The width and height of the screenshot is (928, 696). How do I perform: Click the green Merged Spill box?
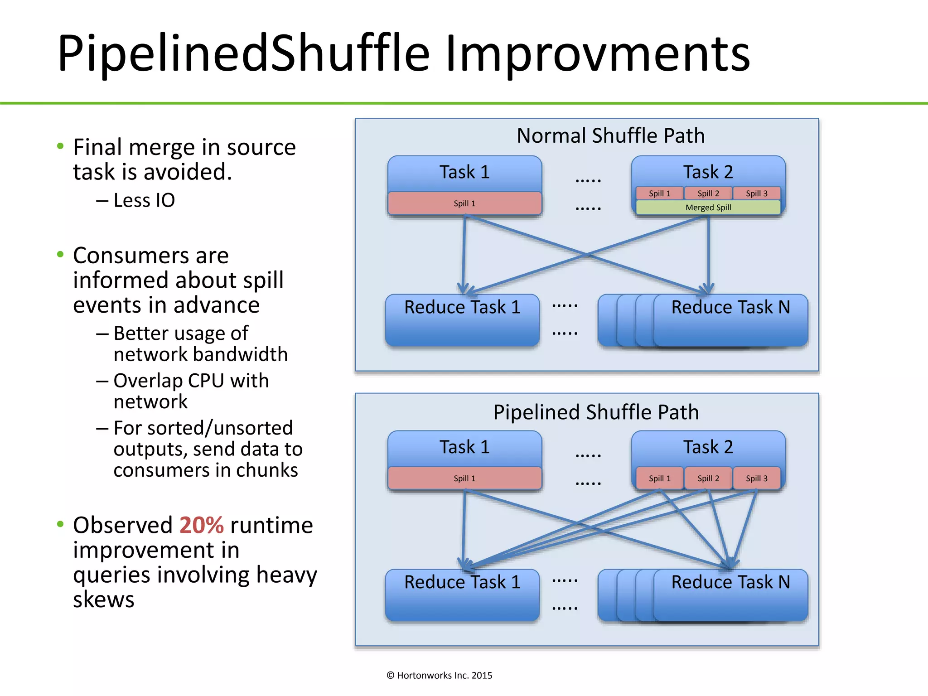click(708, 208)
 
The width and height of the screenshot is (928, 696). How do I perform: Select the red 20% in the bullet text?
click(201, 526)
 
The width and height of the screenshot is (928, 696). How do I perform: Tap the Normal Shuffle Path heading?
click(610, 136)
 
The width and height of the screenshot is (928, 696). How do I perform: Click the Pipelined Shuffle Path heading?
click(596, 412)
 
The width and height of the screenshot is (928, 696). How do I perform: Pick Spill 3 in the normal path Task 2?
click(756, 193)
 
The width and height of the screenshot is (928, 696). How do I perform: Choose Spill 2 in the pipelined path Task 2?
click(708, 478)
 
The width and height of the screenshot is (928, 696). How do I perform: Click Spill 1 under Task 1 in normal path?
click(464, 203)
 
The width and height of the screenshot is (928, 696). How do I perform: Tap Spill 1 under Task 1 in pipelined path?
click(464, 478)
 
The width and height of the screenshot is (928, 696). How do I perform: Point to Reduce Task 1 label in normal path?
click(462, 307)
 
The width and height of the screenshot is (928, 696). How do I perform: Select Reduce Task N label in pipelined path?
click(730, 582)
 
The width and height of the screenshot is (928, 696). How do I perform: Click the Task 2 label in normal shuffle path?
click(708, 172)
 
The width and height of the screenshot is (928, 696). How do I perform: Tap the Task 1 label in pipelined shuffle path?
click(464, 447)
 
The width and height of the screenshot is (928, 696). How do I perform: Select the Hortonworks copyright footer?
click(439, 676)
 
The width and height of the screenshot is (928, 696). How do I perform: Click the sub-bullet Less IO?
click(144, 200)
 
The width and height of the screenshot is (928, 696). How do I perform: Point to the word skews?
click(104, 599)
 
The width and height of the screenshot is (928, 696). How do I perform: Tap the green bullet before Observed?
click(60, 525)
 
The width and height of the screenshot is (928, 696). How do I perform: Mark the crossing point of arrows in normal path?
click(586, 255)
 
